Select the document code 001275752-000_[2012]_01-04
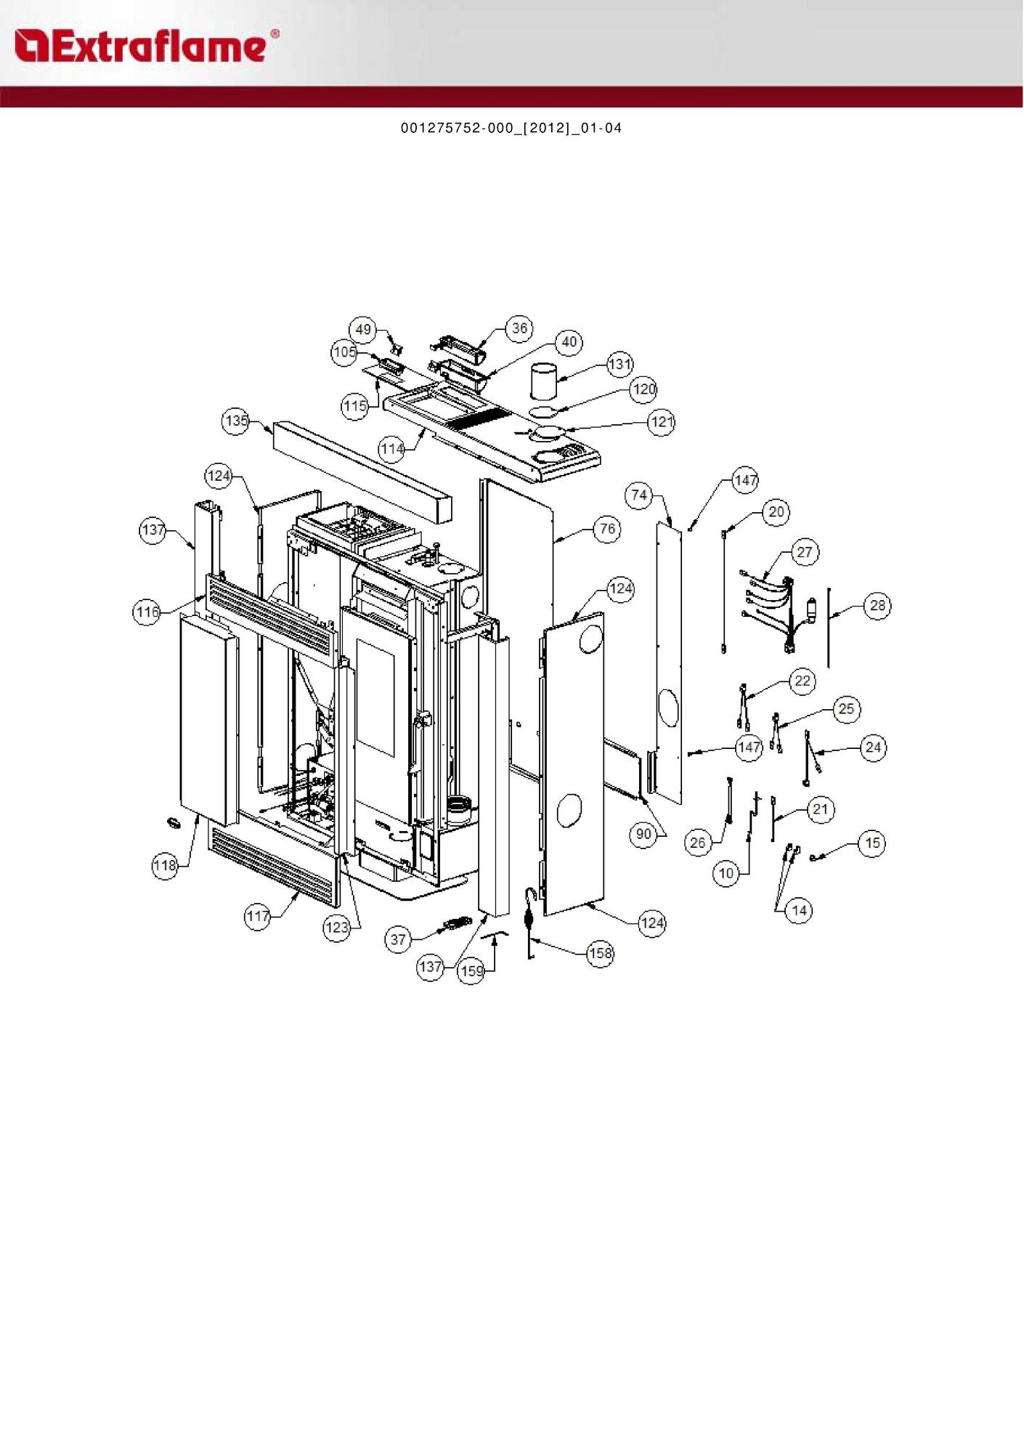pos(511,129)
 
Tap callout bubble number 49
pos(363,330)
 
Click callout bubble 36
pos(519,328)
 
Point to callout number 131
pos(619,364)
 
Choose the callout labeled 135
pos(236,421)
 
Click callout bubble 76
pos(608,529)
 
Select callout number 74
pos(639,495)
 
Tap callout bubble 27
pos(805,552)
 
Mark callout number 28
pos(877,605)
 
